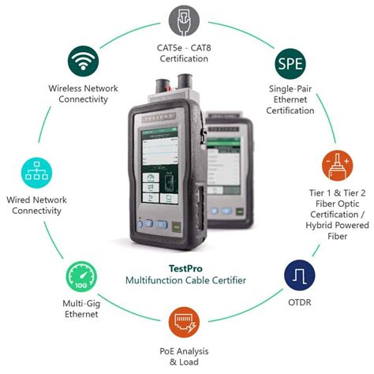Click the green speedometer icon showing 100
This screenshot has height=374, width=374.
coord(80,278)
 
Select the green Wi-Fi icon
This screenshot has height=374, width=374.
coord(84,61)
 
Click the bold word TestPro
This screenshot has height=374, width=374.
coord(187,267)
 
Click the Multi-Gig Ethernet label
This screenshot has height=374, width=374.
coord(81,309)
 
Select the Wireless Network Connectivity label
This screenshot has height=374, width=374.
coord(84,94)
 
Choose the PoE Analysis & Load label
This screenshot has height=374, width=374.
coord(187,357)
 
